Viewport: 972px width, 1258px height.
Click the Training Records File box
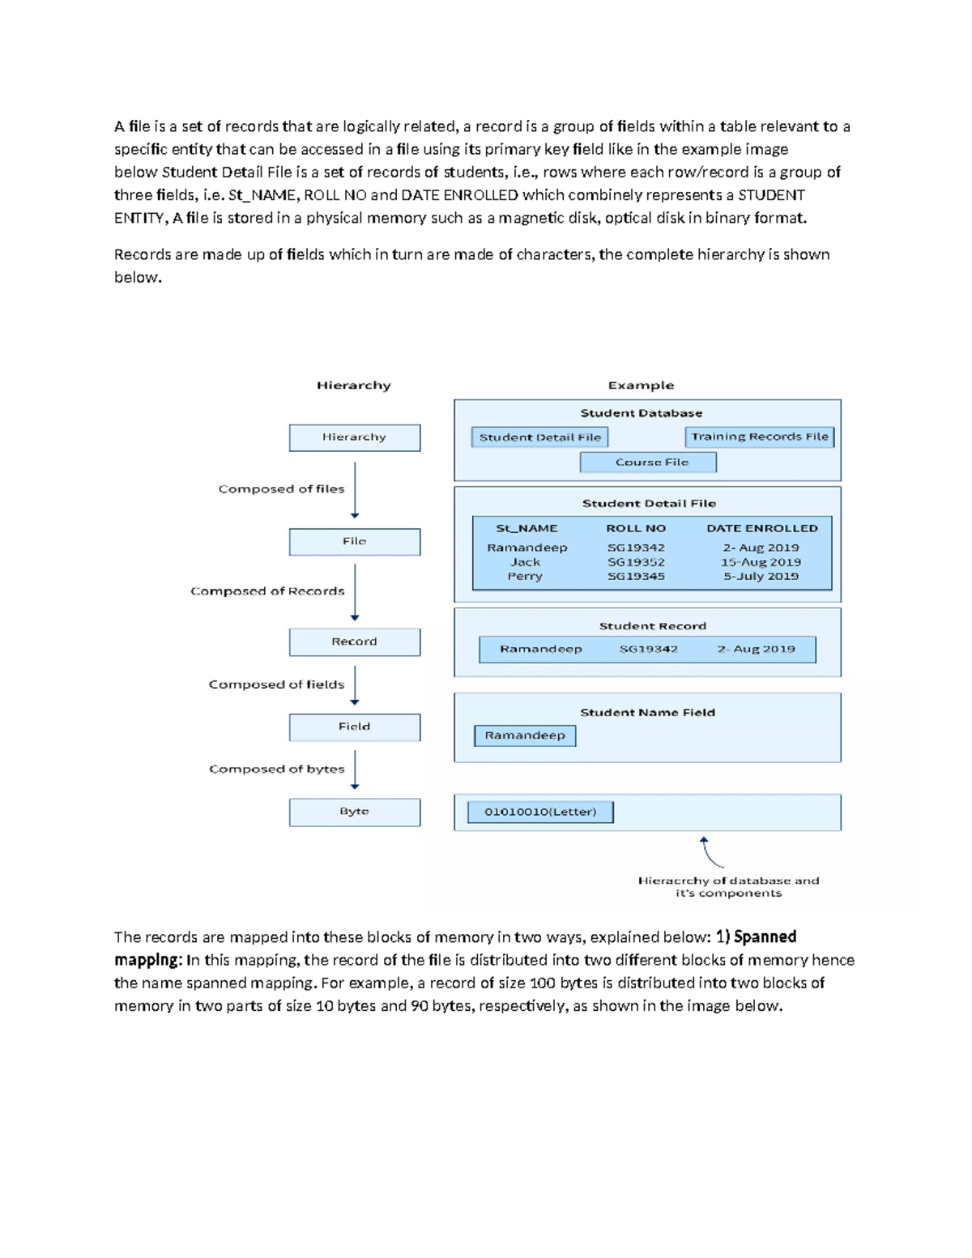point(759,437)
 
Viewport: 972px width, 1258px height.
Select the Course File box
point(648,463)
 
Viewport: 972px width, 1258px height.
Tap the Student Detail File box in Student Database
point(539,437)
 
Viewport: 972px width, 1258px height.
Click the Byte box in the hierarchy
point(354,812)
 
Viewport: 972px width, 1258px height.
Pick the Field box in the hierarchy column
point(354,727)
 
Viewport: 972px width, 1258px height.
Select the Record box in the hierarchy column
point(354,642)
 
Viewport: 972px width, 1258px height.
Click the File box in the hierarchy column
point(354,541)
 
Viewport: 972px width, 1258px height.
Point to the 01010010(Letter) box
point(540,812)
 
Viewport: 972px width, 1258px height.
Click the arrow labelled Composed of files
point(355,490)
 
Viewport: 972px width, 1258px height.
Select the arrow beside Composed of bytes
point(355,770)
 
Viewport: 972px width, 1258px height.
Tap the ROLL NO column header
point(636,528)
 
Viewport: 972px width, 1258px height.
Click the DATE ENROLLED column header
point(761,528)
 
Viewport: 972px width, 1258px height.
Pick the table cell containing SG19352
point(636,562)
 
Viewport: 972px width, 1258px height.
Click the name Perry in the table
point(525,577)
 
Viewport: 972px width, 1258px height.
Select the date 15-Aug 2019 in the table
point(761,562)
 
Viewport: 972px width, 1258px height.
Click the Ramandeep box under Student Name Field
point(525,736)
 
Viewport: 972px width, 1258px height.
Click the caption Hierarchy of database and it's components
point(728,887)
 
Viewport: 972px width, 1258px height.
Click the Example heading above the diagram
point(641,386)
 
